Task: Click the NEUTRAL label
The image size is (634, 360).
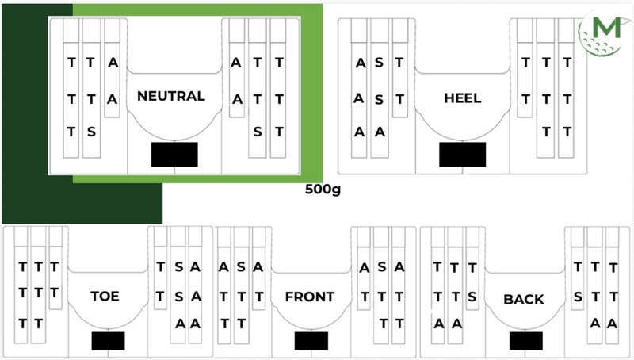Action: [x=170, y=96]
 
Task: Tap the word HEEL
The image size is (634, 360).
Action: [x=463, y=98]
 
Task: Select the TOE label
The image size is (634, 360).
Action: [x=105, y=297]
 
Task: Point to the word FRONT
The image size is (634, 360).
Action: [x=309, y=297]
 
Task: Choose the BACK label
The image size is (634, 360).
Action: [x=524, y=299]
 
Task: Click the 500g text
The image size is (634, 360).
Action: [x=322, y=190]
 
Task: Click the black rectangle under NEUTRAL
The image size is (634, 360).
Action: [x=174, y=154]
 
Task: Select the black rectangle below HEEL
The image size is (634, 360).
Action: [x=463, y=154]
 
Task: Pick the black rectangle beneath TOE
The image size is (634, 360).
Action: [x=109, y=341]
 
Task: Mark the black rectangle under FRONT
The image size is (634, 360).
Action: [x=311, y=341]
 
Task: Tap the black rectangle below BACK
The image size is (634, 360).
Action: [x=526, y=341]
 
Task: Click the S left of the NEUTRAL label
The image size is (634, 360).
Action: [x=92, y=132]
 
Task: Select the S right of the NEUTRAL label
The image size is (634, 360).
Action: [x=257, y=132]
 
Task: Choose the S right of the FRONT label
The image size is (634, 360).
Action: [x=381, y=268]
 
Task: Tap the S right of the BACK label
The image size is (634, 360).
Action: [x=578, y=296]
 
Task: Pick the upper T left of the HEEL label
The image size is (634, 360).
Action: [x=399, y=62]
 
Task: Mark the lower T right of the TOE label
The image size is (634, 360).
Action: [x=161, y=296]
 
